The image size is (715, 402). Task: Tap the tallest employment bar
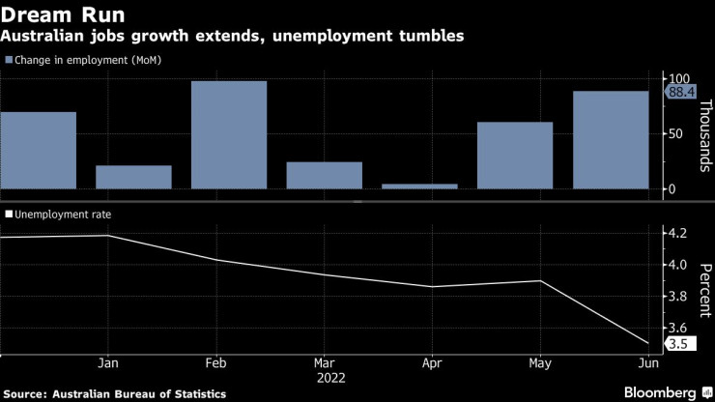(x=229, y=135)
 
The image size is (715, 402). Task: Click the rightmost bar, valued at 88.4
(x=610, y=140)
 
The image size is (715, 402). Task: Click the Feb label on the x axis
(x=215, y=364)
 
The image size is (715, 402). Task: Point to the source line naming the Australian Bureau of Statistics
(x=116, y=393)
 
